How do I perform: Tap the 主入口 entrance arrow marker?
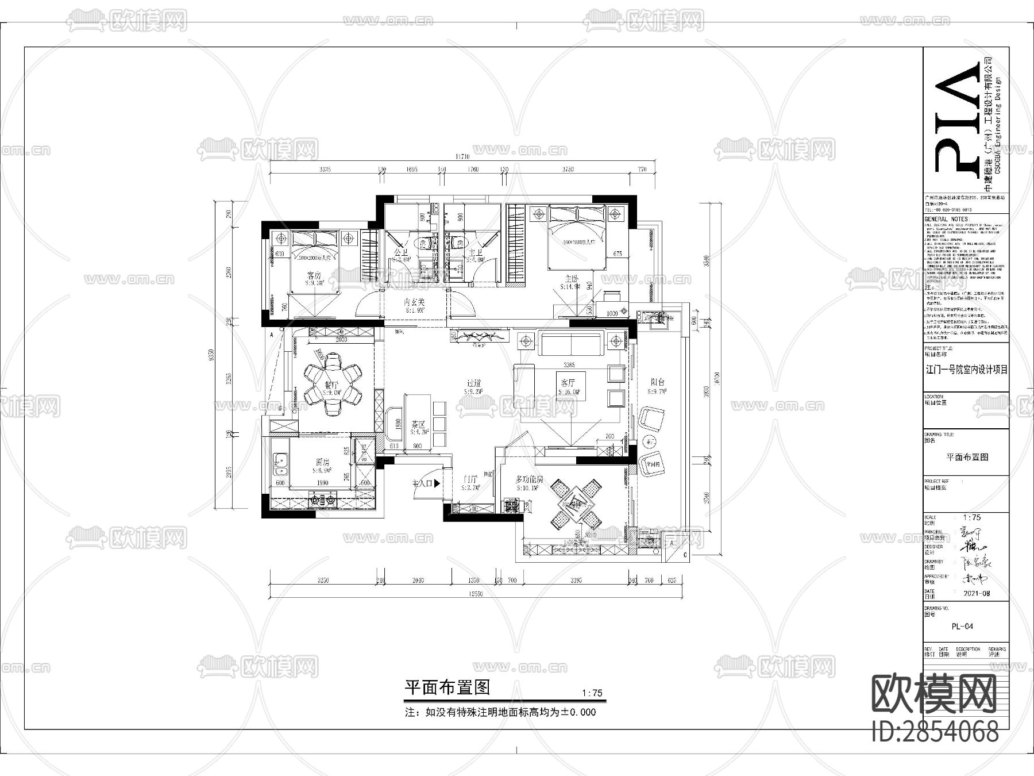[x=437, y=483]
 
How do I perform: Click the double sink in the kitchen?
[x=280, y=464]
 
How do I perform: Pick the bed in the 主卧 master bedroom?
[x=577, y=237]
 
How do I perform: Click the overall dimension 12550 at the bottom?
[x=476, y=594]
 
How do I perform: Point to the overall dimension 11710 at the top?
[x=462, y=156]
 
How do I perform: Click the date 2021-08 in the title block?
[x=976, y=593]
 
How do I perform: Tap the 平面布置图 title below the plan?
[x=447, y=687]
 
